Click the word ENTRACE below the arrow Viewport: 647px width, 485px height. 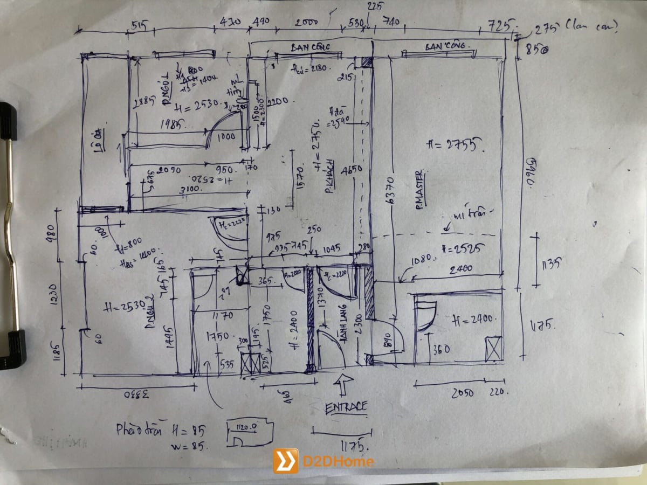(346, 407)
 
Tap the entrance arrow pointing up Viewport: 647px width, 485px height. (343, 385)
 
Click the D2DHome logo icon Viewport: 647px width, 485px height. (285, 461)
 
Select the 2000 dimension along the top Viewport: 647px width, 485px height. (306, 23)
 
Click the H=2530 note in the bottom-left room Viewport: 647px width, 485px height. (123, 307)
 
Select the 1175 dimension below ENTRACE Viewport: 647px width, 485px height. (352, 446)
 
